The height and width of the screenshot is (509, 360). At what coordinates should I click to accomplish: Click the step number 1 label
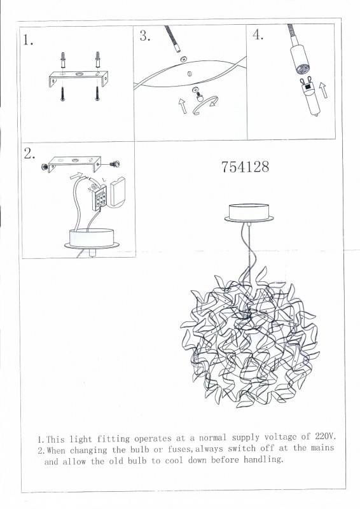pos(27,40)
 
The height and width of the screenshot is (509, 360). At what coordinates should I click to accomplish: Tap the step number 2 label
pos(29,153)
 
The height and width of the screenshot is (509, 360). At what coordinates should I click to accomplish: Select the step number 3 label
pos(144,36)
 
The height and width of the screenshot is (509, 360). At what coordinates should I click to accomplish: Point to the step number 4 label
pos(258,35)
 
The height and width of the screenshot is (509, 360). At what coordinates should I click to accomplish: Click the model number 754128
pos(245,167)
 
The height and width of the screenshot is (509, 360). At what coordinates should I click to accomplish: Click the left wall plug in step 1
pos(64,62)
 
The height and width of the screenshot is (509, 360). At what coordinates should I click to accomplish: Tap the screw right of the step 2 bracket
pos(118,164)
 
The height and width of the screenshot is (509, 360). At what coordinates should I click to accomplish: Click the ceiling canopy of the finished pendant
pos(249,213)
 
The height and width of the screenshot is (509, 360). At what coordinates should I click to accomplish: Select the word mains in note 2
pos(318,448)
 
